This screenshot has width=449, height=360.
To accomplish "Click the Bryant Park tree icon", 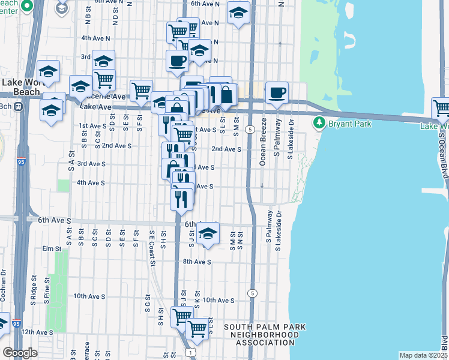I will coord(319,124).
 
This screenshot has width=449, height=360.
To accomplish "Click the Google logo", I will coord(20,353).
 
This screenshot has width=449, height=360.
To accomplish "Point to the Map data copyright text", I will coord(423,355).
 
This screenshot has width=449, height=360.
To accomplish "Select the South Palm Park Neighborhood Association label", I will coord(265,335).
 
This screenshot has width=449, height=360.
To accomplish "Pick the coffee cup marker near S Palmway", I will coord(277,92).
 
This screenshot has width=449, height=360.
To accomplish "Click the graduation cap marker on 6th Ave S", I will coord(208,233).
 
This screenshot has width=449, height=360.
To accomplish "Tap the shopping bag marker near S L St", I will coord(226,94).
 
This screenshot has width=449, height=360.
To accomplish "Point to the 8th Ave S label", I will coord(197,262).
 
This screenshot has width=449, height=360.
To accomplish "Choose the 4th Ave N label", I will coord(96,38).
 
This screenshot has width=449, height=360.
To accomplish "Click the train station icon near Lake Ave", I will coord(19,107).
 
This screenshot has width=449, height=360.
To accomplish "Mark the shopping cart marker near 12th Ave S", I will coord(197,328).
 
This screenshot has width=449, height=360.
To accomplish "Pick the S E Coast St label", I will coord(152,247).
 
